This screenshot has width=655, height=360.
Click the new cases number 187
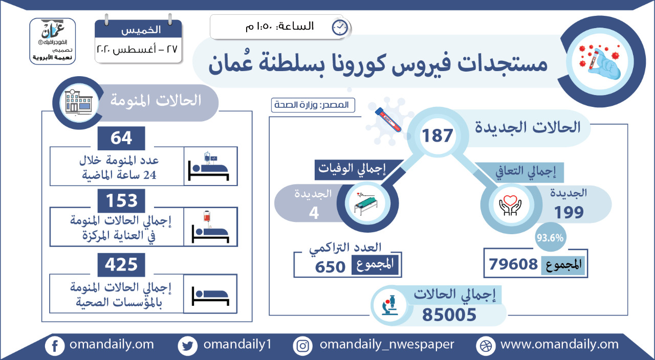coord(437,136)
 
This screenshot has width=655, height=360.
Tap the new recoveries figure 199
coord(569,212)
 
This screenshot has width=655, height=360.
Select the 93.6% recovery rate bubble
coord(550,237)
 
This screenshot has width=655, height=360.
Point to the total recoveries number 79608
coord(513,264)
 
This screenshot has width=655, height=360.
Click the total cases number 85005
coord(449,314)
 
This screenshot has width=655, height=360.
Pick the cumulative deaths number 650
coord(330,267)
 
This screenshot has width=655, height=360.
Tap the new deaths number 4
coord(314,213)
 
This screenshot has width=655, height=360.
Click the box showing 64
coord(121,138)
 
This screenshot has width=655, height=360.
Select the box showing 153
coord(121,201)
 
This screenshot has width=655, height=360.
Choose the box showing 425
coord(121,265)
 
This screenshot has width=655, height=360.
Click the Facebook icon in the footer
coord(55,346)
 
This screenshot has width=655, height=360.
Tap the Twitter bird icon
coord(187,346)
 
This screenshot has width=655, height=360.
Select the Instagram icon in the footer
coord(302,346)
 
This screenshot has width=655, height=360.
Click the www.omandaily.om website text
coord(560,344)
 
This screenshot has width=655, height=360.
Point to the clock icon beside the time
coord(340,28)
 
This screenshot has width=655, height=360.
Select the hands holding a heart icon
coord(510,205)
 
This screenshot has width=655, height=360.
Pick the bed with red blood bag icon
coord(210,227)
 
